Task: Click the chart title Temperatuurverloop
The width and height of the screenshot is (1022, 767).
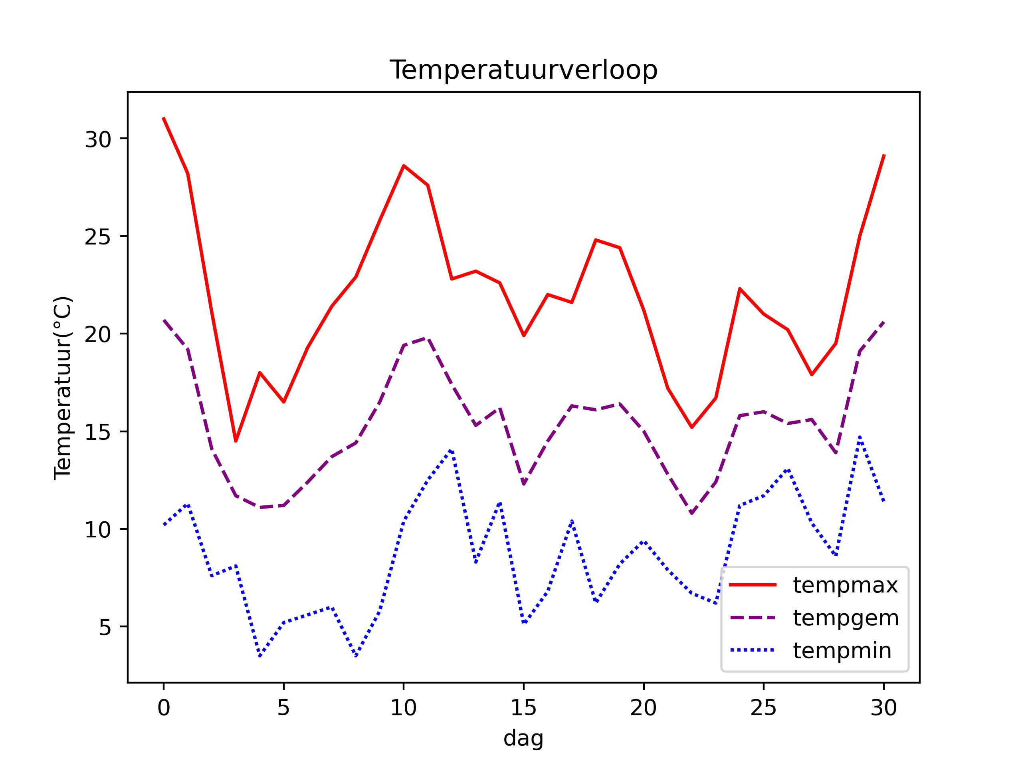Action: [x=523, y=70]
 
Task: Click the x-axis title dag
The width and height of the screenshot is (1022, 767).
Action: [x=523, y=738]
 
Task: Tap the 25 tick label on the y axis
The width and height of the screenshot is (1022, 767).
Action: [x=98, y=236]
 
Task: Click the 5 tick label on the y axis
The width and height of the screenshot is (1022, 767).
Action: [x=105, y=627]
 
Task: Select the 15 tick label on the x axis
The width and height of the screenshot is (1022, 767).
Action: [x=523, y=708]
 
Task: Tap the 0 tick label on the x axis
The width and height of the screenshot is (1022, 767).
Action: [x=164, y=708]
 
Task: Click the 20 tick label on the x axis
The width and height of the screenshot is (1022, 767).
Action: [x=643, y=708]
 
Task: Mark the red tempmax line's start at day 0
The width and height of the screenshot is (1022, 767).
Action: [x=164, y=118]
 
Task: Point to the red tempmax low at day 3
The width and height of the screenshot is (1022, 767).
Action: [x=236, y=441]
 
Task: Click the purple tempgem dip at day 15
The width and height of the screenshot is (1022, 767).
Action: [x=523, y=484]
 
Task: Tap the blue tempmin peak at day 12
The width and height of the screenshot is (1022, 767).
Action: [x=452, y=450]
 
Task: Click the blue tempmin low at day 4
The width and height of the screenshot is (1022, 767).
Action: [x=259, y=656]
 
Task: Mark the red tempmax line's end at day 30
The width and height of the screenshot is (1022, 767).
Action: [x=883, y=155]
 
